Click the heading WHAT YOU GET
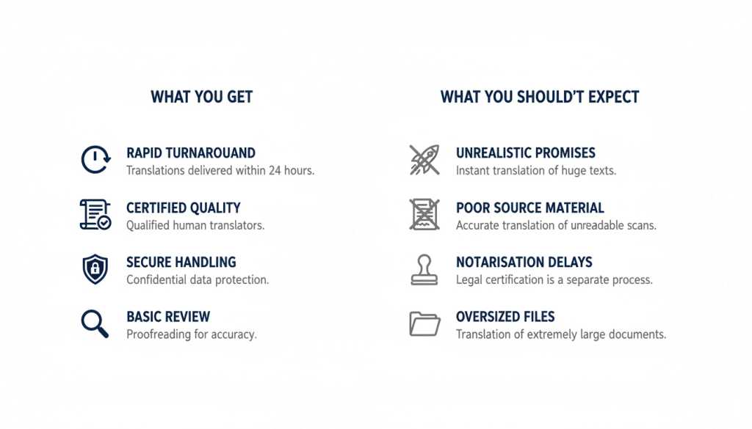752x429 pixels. [201, 97]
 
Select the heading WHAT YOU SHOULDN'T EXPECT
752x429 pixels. [540, 97]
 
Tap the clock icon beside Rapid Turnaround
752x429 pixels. [95, 160]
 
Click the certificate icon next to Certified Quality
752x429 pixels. [95, 214]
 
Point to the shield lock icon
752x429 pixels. [95, 269]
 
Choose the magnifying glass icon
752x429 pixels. [95, 323]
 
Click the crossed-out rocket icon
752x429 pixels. [424, 160]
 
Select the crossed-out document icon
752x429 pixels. [424, 214]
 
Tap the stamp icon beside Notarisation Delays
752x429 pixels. [424, 269]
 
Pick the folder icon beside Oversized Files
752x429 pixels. [424, 323]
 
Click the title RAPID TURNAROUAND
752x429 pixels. [191, 153]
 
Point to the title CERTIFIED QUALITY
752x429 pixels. [184, 208]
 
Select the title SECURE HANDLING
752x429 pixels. [181, 263]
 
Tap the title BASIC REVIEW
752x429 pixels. [168, 318]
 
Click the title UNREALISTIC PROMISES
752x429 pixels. [526, 153]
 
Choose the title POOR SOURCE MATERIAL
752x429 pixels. [530, 208]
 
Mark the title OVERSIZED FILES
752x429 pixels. [505, 318]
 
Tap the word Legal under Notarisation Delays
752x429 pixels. [469, 280]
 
